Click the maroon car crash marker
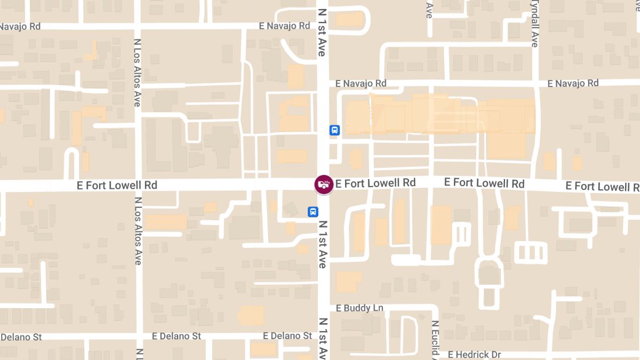pyautogui.click(x=323, y=185)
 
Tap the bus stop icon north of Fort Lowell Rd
pyautogui.click(x=334, y=130)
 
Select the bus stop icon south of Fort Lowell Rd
pyautogui.click(x=313, y=212)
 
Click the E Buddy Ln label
pyautogui.click(x=359, y=308)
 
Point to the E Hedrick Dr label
pyautogui.click(x=475, y=355)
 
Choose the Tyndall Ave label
pyautogui.click(x=534, y=24)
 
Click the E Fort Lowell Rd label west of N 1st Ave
pyautogui.click(x=117, y=185)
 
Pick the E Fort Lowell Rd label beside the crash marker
pyautogui.click(x=375, y=183)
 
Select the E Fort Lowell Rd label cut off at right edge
pyautogui.click(x=602, y=186)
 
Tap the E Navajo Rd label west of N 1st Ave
pyautogui.click(x=284, y=26)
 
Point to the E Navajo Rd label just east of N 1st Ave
pyautogui.click(x=361, y=83)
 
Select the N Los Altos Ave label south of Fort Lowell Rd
pyautogui.click(x=137, y=231)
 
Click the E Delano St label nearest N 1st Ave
pyautogui.click(x=287, y=335)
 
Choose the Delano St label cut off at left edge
pyautogui.click(x=21, y=337)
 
